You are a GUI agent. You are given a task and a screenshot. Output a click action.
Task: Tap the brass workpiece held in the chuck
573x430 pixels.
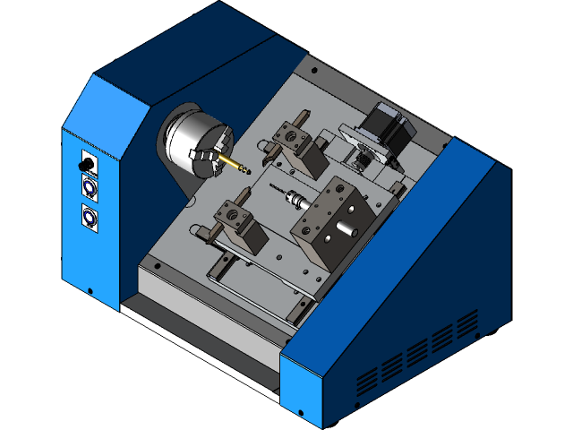point(236,165)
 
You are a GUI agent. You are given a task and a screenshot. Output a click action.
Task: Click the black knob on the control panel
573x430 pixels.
point(88,167)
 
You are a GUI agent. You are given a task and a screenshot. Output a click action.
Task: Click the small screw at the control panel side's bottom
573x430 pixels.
point(90,289)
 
